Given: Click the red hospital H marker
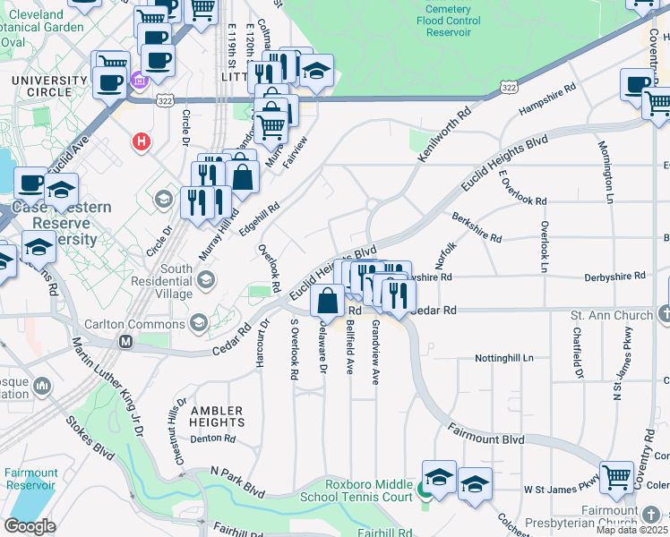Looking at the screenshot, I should tap(141, 141).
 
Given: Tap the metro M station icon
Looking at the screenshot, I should tap(126, 341).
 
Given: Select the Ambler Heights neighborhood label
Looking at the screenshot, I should tap(217, 415).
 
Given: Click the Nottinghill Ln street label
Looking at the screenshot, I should tap(502, 358).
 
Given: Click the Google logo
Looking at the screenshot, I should tap(30, 525).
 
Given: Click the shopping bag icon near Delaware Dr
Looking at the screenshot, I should tap(328, 299).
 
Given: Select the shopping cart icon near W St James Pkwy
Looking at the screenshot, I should tap(616, 477).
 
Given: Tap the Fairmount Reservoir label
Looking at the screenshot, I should tap(30, 479).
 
